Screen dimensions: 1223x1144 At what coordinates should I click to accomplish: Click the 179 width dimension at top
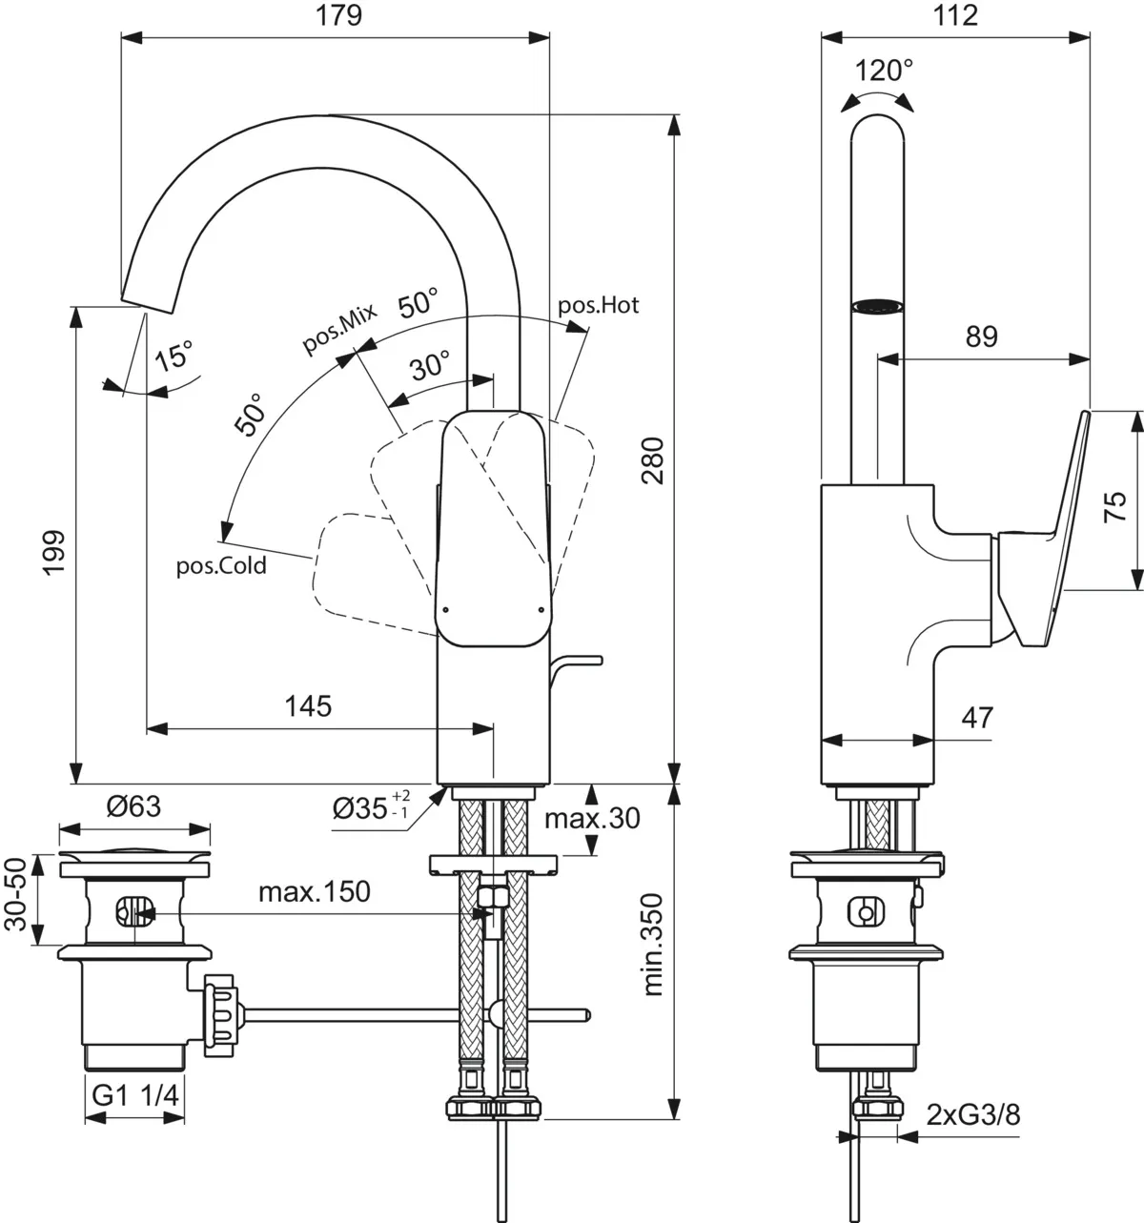[x=340, y=16]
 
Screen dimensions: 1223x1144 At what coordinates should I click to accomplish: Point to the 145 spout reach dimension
[x=309, y=706]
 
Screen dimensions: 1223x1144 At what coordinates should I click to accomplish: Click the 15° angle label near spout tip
[x=173, y=357]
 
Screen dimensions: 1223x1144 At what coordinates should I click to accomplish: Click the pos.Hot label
[x=598, y=306]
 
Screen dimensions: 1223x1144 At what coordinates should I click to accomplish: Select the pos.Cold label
[x=221, y=566]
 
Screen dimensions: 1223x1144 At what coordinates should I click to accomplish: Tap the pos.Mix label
[x=340, y=327]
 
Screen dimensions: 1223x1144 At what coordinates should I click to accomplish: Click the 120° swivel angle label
[x=883, y=71]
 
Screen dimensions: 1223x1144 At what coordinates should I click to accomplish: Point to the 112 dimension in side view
[x=956, y=16]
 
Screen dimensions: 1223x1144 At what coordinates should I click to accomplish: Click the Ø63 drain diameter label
[x=133, y=806]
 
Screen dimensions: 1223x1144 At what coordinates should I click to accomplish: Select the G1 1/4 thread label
[x=135, y=1096]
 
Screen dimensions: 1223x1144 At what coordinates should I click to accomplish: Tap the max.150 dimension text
[x=314, y=892]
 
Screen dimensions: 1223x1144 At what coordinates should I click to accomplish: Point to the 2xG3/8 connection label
[x=972, y=1114]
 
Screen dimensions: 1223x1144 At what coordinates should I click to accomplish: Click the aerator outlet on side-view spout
[x=877, y=306]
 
